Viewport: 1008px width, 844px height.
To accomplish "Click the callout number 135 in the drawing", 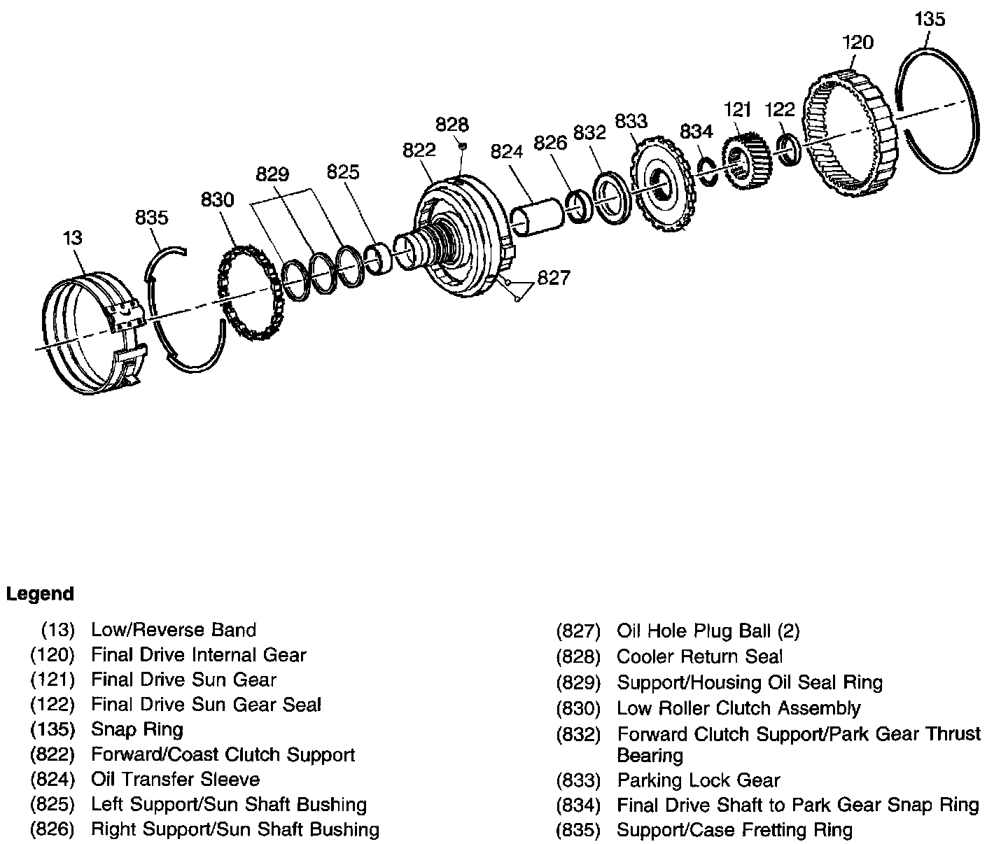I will pos(930,20).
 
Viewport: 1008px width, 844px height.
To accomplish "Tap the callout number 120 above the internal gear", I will pos(857,43).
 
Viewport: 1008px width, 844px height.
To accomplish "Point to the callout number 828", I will pos(451,125).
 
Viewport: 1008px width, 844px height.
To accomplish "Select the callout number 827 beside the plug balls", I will pos(554,278).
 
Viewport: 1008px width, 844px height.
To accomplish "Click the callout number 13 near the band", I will pos(72,238).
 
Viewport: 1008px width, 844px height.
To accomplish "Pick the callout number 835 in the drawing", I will pos(152,218).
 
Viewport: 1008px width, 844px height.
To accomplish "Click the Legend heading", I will pos(40,594).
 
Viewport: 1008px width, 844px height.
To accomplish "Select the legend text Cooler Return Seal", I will pos(699,656).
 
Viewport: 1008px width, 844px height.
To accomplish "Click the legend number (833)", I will pos(578,780).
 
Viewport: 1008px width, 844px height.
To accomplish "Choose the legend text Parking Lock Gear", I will pos(698,780).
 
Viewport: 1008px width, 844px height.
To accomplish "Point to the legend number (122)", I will pos(52,705).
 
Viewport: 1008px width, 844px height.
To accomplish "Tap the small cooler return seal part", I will pos(463,146).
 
